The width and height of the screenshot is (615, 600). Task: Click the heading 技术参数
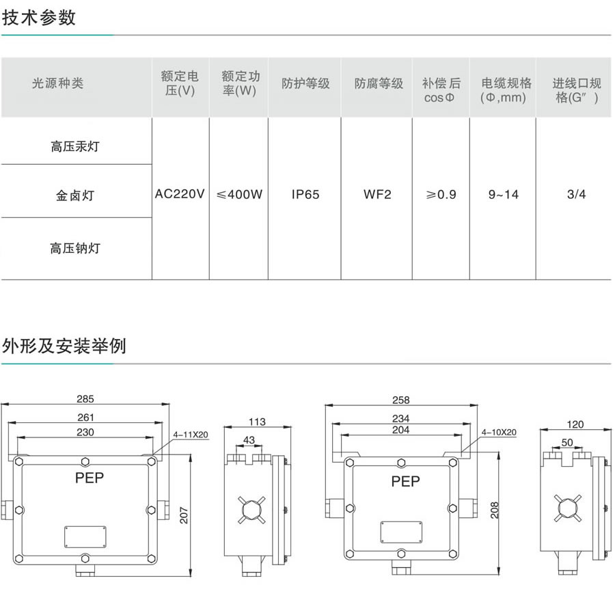(39, 18)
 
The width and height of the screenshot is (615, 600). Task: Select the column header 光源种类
(57, 83)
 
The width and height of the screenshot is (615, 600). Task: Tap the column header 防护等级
(305, 83)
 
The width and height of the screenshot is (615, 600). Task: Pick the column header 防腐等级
(379, 83)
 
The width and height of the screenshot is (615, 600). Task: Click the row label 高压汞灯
(75, 146)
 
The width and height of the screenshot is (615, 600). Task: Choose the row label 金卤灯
(75, 195)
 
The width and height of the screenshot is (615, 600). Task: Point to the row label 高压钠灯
(75, 248)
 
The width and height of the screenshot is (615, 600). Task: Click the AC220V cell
(180, 195)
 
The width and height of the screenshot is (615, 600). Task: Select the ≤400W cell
(239, 195)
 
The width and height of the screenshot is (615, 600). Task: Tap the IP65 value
(305, 195)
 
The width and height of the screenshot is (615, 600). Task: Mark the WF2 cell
(378, 195)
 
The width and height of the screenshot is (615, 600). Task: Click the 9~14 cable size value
(504, 195)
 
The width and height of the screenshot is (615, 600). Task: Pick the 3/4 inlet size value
(577, 195)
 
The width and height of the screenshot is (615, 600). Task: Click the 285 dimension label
(85, 399)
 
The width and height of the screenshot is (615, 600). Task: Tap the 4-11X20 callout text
(191, 434)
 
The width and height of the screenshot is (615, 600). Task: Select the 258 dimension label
(400, 399)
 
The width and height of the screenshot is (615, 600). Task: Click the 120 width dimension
(575, 424)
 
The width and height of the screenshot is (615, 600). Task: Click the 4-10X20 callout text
(499, 433)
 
